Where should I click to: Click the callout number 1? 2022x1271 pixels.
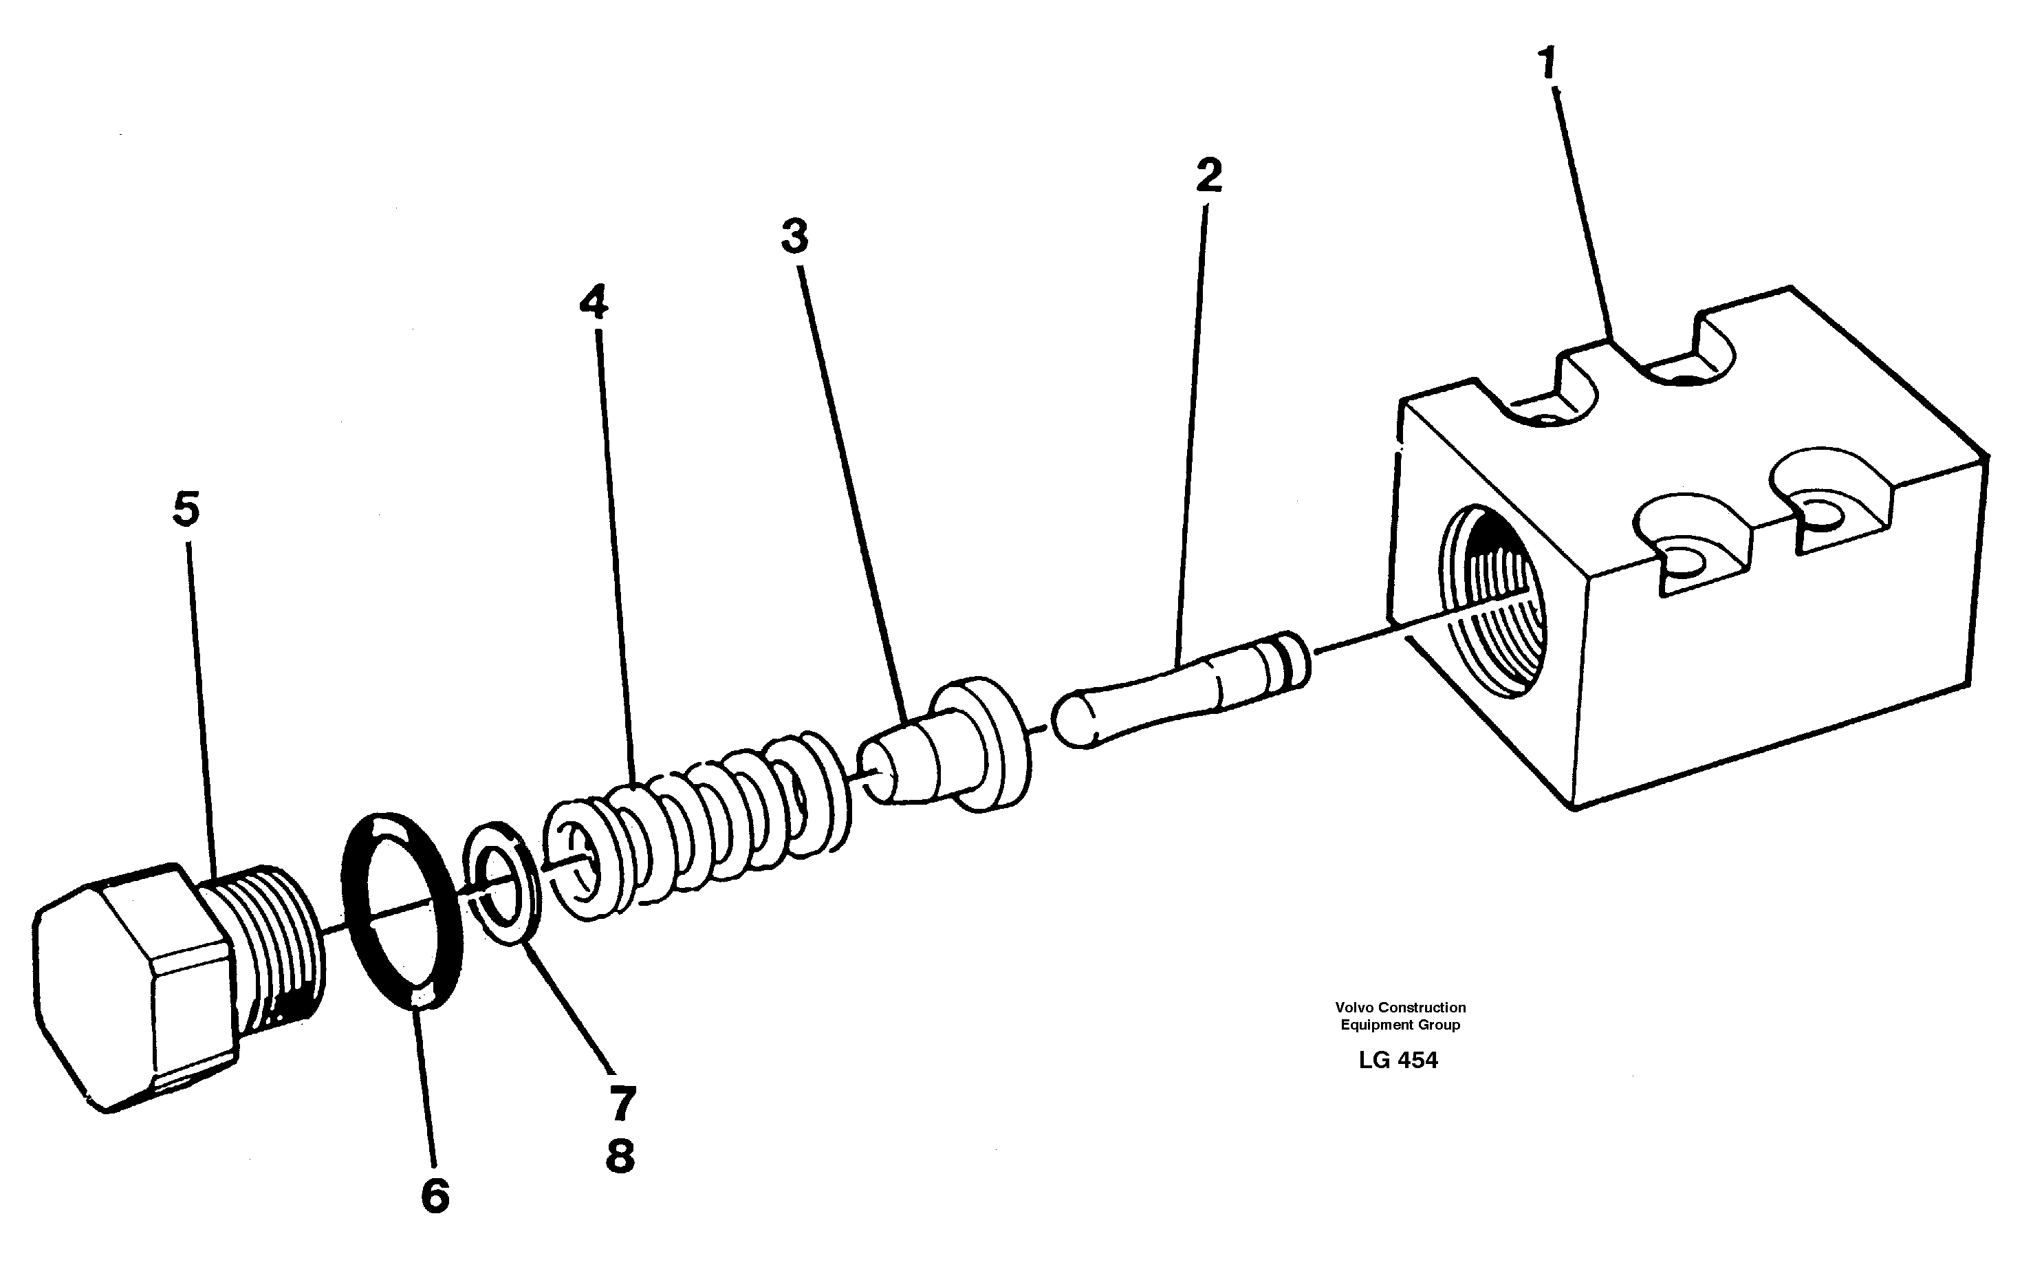point(1547,65)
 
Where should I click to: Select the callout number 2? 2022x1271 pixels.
point(1208,176)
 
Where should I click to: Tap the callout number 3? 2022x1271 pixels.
point(794,236)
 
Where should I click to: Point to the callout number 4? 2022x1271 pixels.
point(594,302)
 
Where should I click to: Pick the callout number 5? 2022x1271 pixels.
point(186,510)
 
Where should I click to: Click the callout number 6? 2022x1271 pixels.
point(435,1195)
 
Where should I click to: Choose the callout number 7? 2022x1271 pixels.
point(622,1103)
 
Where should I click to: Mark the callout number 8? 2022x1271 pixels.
point(620,1156)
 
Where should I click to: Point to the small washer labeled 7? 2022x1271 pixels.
point(502,883)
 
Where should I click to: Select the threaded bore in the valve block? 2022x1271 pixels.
point(1490,601)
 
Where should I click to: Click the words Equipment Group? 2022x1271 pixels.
point(1400,1024)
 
